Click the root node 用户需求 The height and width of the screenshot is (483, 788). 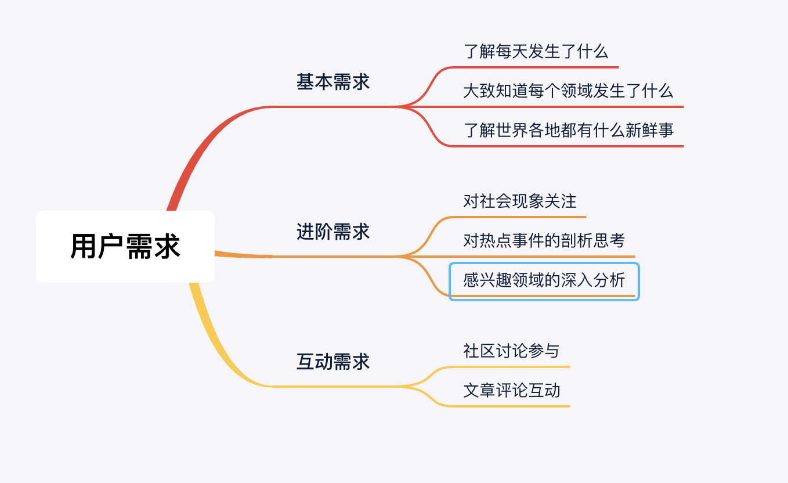[x=125, y=246]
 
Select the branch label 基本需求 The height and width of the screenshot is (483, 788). [x=332, y=82]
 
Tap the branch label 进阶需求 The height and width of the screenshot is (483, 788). [x=332, y=232]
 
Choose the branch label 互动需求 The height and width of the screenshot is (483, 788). [x=332, y=362]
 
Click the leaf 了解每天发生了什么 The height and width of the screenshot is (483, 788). [x=536, y=51]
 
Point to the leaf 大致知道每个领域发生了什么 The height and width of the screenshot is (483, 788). [x=568, y=91]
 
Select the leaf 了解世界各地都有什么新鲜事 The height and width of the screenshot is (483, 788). [x=568, y=129]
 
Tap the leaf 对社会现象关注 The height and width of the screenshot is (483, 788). [x=520, y=201]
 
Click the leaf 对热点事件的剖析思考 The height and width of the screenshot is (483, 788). [x=544, y=240]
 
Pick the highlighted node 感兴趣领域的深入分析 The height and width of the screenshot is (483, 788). [x=544, y=280]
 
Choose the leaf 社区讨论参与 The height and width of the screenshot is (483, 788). [x=511, y=351]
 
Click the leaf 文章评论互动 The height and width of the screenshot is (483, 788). [x=511, y=390]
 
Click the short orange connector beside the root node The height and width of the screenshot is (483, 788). [x=244, y=254]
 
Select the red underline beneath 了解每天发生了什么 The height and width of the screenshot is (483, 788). [x=540, y=67]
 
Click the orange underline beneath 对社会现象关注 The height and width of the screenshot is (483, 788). [x=522, y=217]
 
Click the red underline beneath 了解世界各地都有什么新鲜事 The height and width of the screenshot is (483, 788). [x=569, y=146]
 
